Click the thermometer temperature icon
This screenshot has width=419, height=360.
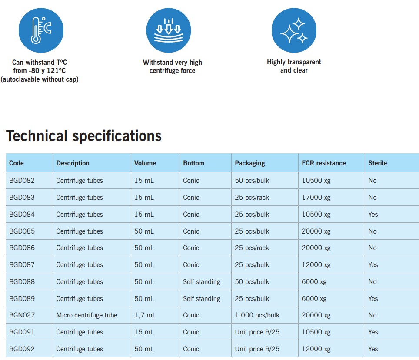pos(41,30)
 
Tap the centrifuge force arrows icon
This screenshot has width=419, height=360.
pos(168,30)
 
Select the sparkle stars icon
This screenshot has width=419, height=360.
pos(294,30)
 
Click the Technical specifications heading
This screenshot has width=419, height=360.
pos(84,136)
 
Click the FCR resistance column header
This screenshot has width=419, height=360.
pos(324,163)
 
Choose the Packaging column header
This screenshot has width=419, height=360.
pos(250,163)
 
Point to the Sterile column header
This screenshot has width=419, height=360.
pos(377,163)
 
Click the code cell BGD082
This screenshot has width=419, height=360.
pos(22,181)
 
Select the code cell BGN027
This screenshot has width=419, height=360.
pos(22,315)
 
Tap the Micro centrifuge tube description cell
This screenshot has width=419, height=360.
pos(86,315)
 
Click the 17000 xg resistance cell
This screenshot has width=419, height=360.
pos(316,198)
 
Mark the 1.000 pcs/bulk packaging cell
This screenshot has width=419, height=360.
pos(257,315)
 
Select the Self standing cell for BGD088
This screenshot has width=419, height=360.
pos(202,282)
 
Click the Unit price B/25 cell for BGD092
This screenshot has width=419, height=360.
pos(257,349)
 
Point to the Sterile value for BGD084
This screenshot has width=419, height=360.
pos(373,215)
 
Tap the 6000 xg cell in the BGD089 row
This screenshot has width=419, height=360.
pos(314,299)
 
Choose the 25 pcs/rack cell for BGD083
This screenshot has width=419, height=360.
pos(252,198)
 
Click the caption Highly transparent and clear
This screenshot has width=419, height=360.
pos(294,66)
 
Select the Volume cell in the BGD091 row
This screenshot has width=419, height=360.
pos(144,332)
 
